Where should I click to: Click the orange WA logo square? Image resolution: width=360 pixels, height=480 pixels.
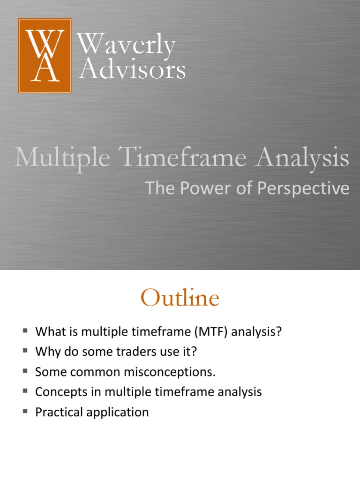[x=45, y=55]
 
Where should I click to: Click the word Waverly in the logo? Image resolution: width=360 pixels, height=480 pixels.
[x=126, y=45]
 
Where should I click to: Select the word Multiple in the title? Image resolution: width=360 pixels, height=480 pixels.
[x=62, y=158]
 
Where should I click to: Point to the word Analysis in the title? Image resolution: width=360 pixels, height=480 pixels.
[x=302, y=158]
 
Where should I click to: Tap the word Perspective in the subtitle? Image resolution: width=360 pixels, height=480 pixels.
[x=312, y=188]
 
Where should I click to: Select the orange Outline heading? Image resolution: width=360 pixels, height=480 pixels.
[x=180, y=299]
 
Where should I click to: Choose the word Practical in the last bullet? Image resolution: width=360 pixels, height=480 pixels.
[x=58, y=412]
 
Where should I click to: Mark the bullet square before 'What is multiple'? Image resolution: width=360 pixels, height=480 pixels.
[x=25, y=331]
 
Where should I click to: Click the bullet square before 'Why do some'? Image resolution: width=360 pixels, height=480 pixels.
[x=25, y=351]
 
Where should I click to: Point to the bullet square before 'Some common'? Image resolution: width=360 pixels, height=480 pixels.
[x=25, y=371]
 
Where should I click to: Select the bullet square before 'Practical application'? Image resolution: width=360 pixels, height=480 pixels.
[x=25, y=412]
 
